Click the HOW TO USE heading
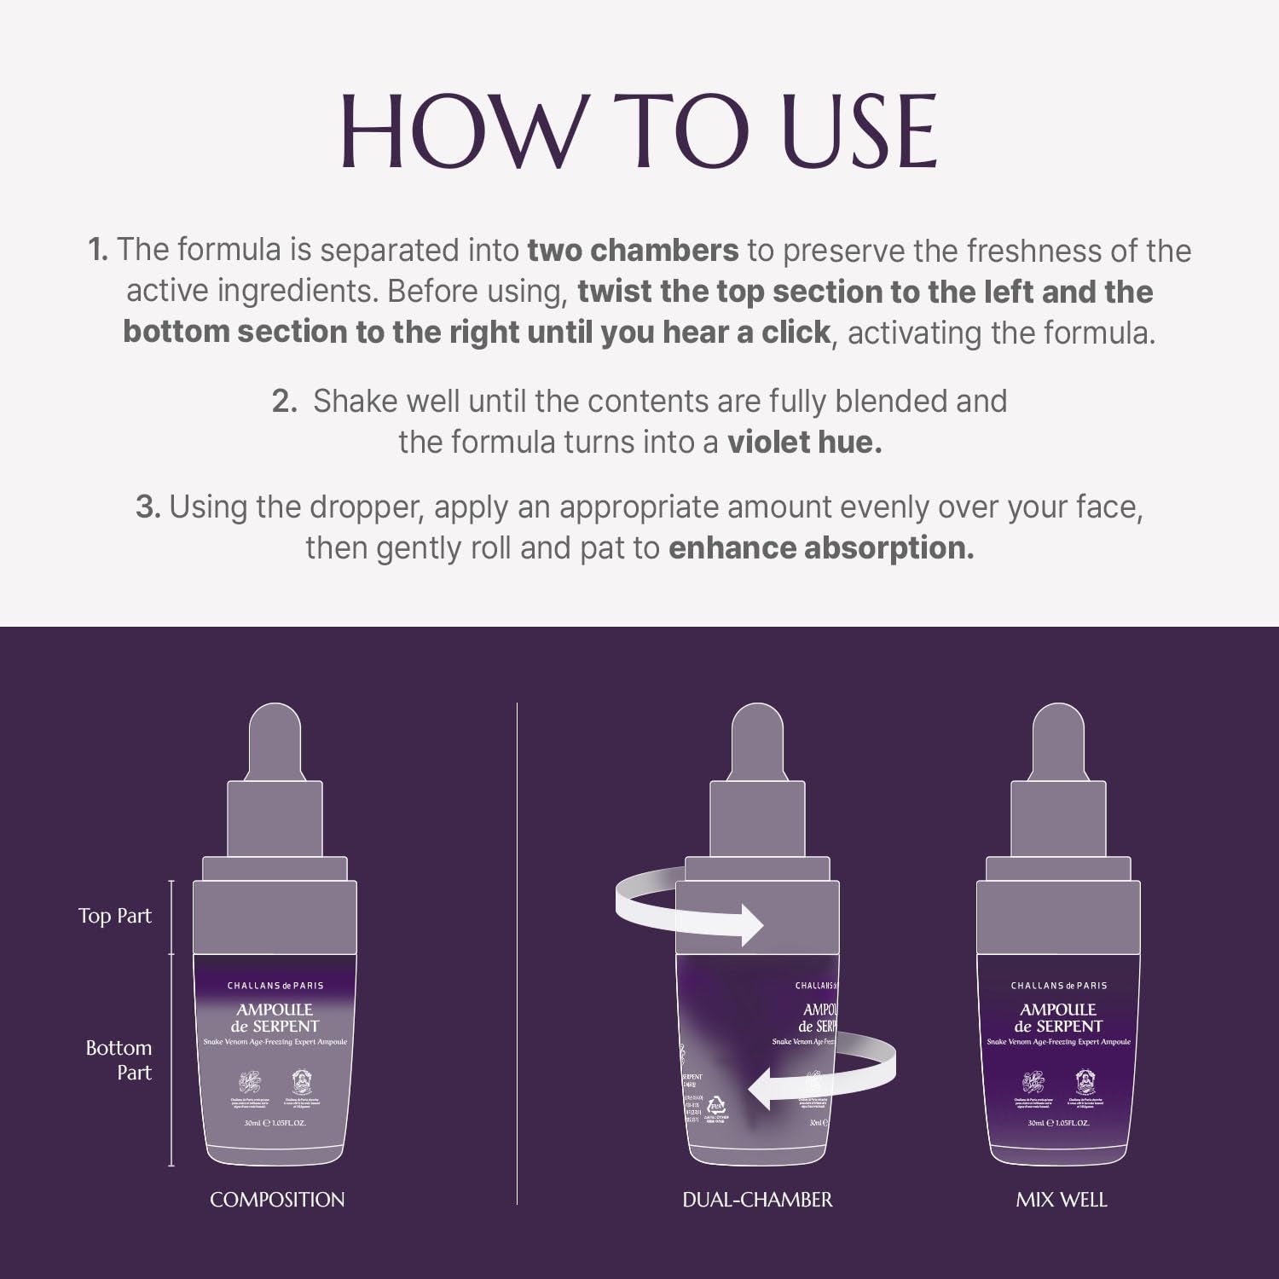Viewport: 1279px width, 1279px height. (639, 132)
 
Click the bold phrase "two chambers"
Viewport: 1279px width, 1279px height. (633, 251)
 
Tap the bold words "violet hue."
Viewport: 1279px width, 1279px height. (803, 443)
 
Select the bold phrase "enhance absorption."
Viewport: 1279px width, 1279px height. (820, 548)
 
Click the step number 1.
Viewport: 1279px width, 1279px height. (98, 251)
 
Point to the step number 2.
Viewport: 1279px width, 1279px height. (284, 402)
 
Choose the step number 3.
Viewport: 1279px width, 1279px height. (148, 507)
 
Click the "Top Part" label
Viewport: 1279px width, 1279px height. (114, 917)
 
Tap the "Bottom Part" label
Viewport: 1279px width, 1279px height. (119, 1060)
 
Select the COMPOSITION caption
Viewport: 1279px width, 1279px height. (277, 1200)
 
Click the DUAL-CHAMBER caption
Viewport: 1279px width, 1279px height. (757, 1200)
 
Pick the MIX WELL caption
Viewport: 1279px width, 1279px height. (1061, 1200)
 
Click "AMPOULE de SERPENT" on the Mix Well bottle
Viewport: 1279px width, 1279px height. (1058, 1018)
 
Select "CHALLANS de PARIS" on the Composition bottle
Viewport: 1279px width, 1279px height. (275, 986)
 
